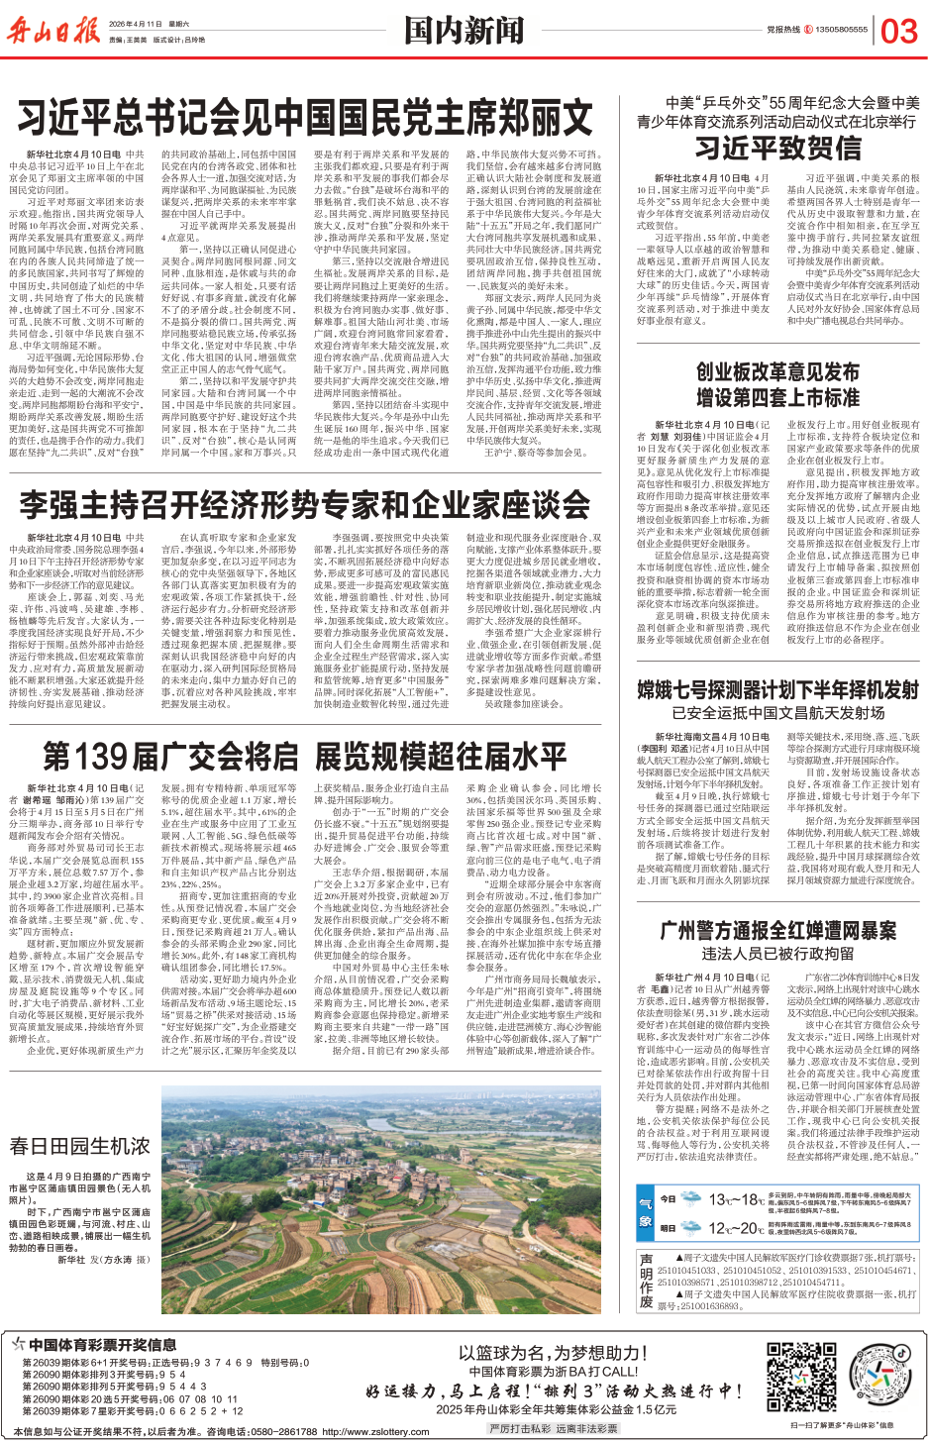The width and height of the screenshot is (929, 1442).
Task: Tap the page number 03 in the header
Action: [x=899, y=32]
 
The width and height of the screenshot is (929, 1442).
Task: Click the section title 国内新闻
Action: [x=464, y=30]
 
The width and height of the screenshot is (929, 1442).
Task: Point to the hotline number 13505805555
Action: [x=842, y=30]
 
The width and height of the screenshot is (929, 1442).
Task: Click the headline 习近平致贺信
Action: [x=777, y=149]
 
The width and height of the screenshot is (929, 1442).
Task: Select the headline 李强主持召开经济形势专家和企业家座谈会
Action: [x=305, y=505]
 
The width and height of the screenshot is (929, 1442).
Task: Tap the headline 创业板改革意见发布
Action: [x=777, y=372]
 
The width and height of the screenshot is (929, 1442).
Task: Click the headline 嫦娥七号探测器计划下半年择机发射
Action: [x=777, y=689]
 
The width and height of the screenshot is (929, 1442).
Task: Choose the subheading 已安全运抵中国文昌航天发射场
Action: [x=777, y=712]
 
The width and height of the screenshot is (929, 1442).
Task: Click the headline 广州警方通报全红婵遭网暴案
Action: [x=777, y=931]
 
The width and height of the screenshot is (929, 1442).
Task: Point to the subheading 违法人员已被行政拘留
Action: [x=777, y=954]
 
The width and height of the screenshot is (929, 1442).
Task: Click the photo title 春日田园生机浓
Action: [x=79, y=1146]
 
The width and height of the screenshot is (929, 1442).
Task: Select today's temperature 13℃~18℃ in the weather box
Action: [x=737, y=1199]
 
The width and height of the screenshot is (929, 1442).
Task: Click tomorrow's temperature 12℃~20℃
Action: [x=737, y=1228]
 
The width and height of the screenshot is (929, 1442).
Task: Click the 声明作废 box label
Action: [x=646, y=1281]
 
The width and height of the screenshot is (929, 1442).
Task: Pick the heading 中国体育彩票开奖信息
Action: [x=102, y=1345]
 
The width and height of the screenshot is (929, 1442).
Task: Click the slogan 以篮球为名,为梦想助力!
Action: [x=553, y=1353]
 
